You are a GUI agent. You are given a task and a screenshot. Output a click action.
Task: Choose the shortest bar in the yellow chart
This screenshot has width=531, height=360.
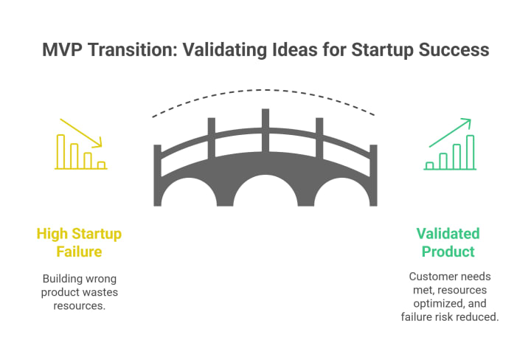(x=101, y=165)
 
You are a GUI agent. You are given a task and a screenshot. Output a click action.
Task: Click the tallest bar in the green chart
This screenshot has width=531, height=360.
(x=470, y=152)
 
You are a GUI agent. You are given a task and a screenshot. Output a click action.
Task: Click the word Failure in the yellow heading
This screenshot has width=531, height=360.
(x=80, y=252)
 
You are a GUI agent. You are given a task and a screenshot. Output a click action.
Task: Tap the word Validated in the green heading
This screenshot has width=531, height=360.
(x=448, y=234)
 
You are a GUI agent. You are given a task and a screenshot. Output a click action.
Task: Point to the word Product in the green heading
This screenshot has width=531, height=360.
(x=448, y=252)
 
